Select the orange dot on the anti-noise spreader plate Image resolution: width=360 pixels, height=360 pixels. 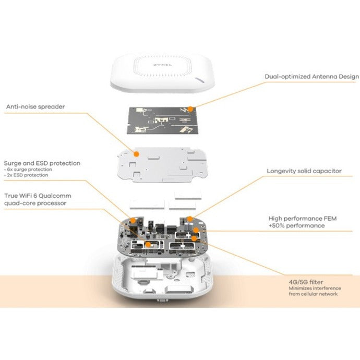[137, 154]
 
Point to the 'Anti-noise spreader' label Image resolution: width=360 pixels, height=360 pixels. [36, 107]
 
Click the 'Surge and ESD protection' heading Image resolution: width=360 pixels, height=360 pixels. [42, 163]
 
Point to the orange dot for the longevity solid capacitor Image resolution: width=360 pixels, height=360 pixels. [191, 219]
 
